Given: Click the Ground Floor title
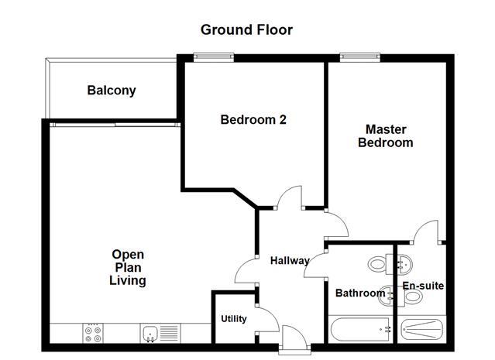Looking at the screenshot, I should [246, 30].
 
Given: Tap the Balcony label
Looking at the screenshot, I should [111, 91].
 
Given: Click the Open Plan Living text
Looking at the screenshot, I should [128, 267].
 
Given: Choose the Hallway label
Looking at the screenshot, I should [290, 261].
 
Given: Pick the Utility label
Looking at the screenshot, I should [233, 319].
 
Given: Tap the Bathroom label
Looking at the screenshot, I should [359, 293].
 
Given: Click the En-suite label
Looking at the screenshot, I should [423, 286].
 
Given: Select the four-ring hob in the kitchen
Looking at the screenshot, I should [92, 334].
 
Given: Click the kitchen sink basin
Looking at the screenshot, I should [151, 334].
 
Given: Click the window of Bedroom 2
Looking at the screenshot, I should [213, 55].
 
